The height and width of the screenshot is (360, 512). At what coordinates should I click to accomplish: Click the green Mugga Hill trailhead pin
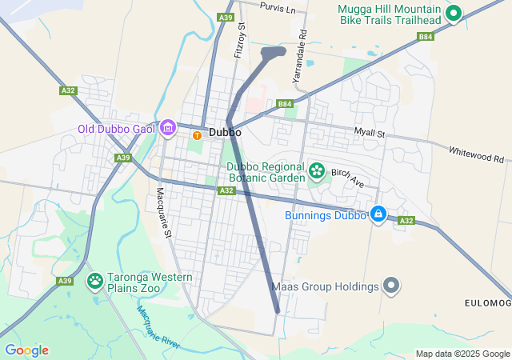[x=454, y=12]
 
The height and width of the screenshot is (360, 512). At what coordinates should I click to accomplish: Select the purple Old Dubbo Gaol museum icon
[x=168, y=127]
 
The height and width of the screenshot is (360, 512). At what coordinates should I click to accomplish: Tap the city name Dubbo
[x=225, y=133]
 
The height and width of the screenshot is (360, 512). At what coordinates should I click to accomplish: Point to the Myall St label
[x=370, y=133]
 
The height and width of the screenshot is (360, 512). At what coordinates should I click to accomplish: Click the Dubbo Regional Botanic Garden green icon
[x=317, y=170]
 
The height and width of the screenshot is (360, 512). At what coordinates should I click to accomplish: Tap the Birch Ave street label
[x=347, y=178]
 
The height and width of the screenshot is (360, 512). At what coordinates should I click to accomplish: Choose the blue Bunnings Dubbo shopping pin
[x=378, y=214]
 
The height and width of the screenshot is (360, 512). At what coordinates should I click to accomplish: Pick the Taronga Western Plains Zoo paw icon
[x=95, y=280]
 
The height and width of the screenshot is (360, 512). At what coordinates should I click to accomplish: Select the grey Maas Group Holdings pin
[x=390, y=286]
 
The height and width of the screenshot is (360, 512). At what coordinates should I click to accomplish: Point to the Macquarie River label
[x=159, y=329]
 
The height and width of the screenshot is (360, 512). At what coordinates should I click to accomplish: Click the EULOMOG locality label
[x=487, y=302]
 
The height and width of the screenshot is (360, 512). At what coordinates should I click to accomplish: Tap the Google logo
[x=26, y=350]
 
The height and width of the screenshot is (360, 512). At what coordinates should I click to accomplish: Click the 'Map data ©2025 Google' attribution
[x=462, y=354]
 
